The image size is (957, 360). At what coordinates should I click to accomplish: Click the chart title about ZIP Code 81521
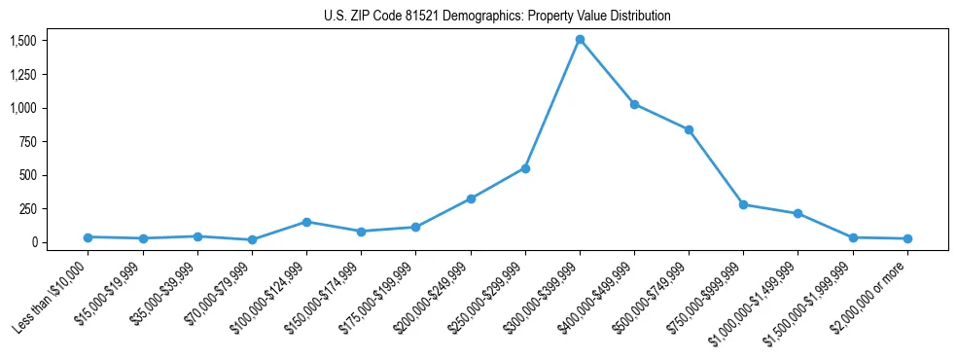coord(497,17)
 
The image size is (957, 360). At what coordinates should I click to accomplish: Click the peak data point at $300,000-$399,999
coord(580,40)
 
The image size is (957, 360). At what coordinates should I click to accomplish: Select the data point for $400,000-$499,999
coord(634,104)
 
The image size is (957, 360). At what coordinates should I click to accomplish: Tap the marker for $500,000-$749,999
coord(689,129)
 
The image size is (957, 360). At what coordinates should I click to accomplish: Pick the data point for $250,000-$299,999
coord(525,168)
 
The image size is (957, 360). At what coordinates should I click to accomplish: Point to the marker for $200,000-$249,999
coord(471,198)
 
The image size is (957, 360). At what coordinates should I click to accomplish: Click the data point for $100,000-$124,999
coord(306,222)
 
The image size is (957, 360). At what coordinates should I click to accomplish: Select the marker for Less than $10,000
coord(88,237)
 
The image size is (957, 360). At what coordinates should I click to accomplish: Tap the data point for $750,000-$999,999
coord(743,204)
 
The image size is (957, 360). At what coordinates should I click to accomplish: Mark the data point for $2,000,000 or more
coord(907,238)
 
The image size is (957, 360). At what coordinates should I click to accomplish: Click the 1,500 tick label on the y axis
coord(23,41)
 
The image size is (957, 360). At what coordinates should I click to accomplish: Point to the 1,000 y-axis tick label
coord(23,108)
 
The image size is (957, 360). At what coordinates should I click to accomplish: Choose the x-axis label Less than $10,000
coord(53,296)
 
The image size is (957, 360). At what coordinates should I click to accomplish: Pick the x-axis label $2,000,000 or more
coord(873,296)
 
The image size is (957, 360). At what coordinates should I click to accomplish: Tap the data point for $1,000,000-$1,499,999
coord(797,213)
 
